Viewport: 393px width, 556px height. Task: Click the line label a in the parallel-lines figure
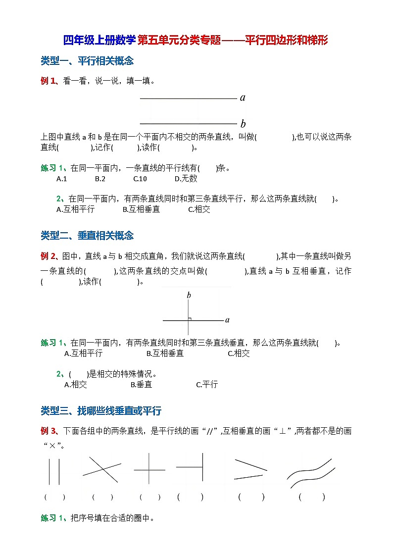[x=243, y=98]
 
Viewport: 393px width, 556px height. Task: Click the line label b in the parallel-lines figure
[x=243, y=124]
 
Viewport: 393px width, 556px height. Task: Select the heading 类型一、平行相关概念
[x=87, y=61]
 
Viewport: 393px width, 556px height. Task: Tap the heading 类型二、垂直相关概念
[x=87, y=236]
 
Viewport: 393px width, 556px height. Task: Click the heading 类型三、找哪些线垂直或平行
[x=101, y=411]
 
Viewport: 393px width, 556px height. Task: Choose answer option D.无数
[x=186, y=179]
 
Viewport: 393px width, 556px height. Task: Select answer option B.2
[x=100, y=179]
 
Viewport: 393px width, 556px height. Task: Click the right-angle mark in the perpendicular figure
[x=190, y=319]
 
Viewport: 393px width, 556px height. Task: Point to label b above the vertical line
[x=189, y=296]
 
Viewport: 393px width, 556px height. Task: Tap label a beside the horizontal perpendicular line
[x=227, y=320]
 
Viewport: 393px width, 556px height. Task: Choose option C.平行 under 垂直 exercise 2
[x=207, y=385]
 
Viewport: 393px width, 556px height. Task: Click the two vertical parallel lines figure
[x=54, y=471]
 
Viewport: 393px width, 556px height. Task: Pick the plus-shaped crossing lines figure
[x=149, y=468]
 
